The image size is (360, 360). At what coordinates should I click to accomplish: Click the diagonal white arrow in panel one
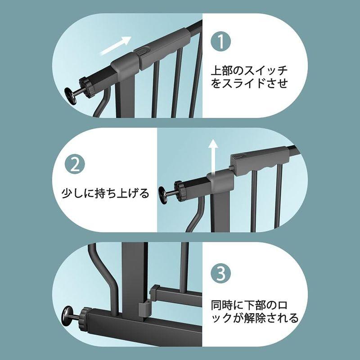click(x=115, y=45)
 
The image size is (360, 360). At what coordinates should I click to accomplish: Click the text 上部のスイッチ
click(x=249, y=71)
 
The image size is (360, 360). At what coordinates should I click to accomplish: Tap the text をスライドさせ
click(x=249, y=84)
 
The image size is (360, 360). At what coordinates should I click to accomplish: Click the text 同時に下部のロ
click(x=249, y=305)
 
